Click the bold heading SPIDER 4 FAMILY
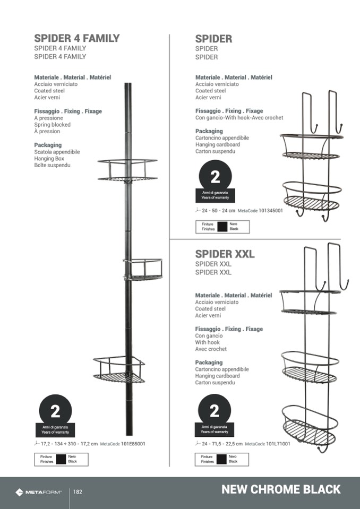76,38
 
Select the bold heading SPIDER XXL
225,254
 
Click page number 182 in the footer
78,492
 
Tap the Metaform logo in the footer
38,492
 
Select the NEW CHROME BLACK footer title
281,489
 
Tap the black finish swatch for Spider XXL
221,459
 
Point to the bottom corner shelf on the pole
119,369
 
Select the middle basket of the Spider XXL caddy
310,367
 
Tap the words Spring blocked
52,125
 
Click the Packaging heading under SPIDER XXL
209,363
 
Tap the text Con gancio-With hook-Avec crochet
239,118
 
